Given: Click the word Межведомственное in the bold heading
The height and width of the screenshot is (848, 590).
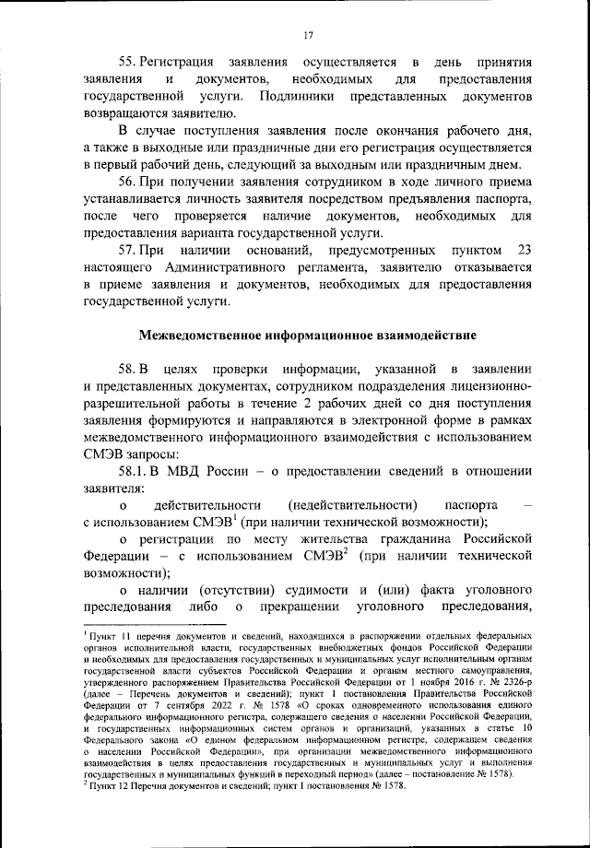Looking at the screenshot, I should pyautogui.click(x=195, y=333).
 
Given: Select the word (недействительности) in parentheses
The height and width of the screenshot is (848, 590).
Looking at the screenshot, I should pyautogui.click(x=352, y=506).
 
